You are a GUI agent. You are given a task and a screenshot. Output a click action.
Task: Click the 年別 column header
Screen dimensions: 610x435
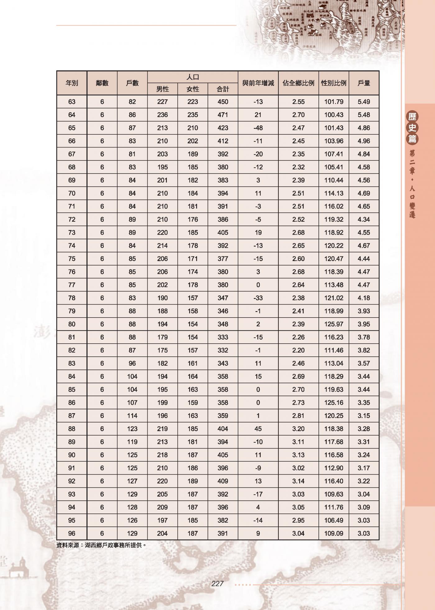pyautogui.click(x=72, y=83)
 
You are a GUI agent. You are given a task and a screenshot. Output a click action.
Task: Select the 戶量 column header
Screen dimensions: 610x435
pyautogui.click(x=364, y=83)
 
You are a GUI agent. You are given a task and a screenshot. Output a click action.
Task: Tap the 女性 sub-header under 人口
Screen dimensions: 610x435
pyautogui.click(x=193, y=89)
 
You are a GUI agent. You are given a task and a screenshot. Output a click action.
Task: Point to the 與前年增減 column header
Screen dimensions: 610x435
pyautogui.click(x=258, y=83)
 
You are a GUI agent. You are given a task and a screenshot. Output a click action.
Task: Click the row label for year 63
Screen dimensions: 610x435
pyautogui.click(x=72, y=102)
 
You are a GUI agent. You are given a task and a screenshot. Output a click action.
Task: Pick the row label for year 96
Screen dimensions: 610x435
pyautogui.click(x=72, y=533)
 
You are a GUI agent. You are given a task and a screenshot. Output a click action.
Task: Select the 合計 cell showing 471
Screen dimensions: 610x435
pyautogui.click(x=223, y=115)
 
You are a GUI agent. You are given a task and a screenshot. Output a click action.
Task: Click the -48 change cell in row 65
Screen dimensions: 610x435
pyautogui.click(x=258, y=128)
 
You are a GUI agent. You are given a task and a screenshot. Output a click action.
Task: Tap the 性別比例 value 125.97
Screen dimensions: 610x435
pyautogui.click(x=334, y=324)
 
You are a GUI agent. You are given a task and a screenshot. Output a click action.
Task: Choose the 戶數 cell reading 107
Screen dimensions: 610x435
pyautogui.click(x=132, y=403)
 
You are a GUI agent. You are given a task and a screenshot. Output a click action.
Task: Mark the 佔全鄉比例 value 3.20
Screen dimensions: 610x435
pyautogui.click(x=298, y=429)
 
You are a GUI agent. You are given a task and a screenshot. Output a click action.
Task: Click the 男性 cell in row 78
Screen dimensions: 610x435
pyautogui.click(x=163, y=298)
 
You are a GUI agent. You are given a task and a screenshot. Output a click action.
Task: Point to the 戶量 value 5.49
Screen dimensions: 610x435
pyautogui.click(x=364, y=102)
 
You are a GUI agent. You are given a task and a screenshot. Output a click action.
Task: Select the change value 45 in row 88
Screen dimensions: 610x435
pyautogui.click(x=258, y=429)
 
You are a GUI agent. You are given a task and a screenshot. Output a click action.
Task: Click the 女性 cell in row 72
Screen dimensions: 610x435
pyautogui.click(x=193, y=219)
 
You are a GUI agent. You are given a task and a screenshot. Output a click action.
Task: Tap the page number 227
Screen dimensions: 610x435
pyautogui.click(x=217, y=584)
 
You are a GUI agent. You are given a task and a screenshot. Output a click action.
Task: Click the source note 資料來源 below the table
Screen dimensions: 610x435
pyautogui.click(x=101, y=545)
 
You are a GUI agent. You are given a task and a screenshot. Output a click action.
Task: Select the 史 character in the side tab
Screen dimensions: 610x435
pyautogui.click(x=412, y=128)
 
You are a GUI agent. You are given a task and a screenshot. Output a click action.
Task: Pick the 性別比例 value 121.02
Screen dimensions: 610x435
pyautogui.click(x=334, y=298)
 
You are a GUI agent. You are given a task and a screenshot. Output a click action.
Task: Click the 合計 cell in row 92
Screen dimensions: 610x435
pyautogui.click(x=223, y=481)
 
